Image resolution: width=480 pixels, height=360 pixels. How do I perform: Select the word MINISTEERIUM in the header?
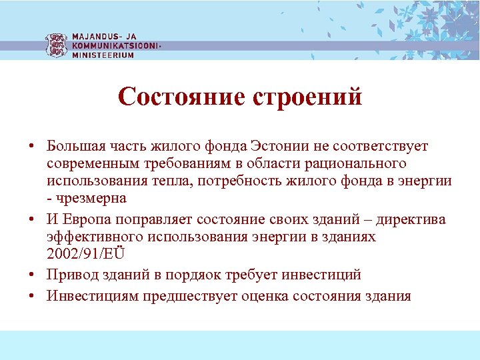[x=103, y=55]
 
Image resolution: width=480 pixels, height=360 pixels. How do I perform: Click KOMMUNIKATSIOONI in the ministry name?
[x=115, y=45]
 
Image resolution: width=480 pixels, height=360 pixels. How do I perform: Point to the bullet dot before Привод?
[x=32, y=275]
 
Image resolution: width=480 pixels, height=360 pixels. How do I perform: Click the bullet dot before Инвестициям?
[x=32, y=295]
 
